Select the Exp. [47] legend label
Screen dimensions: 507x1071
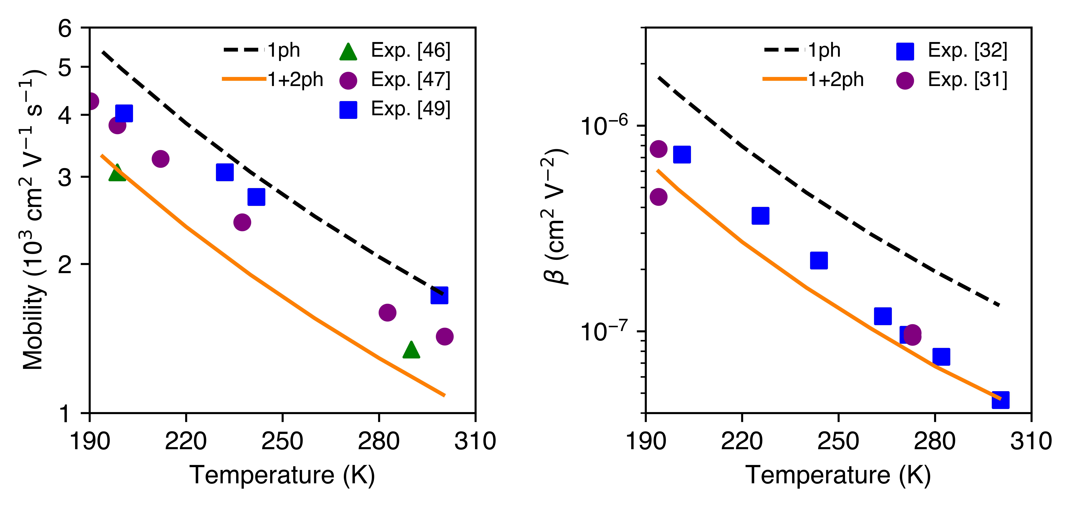[410, 80]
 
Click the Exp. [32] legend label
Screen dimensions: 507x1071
[967, 51]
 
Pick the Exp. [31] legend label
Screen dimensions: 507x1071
[967, 80]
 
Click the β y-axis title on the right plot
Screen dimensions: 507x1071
[555, 216]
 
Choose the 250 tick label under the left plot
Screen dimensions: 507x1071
[282, 441]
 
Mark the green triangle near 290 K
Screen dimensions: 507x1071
[411, 350]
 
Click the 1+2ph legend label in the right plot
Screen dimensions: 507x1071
[836, 80]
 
